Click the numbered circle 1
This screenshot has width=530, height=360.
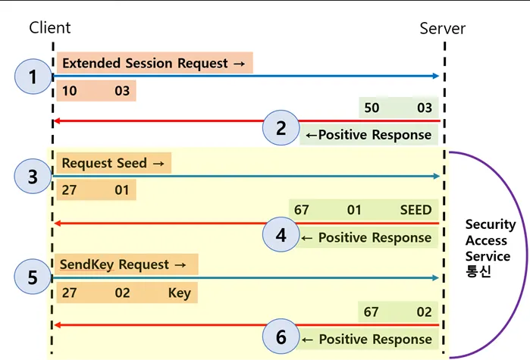[x=33, y=77]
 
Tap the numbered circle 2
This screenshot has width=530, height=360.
[x=281, y=127]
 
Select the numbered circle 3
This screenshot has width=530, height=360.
[x=33, y=177]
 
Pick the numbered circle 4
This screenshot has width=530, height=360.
[x=281, y=235]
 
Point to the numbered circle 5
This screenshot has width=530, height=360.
[x=33, y=277]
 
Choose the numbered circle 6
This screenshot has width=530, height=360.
[x=281, y=337]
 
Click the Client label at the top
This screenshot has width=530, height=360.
[x=50, y=27]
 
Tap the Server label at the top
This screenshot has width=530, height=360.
[x=443, y=29]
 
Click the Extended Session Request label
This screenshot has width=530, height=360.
[x=153, y=64]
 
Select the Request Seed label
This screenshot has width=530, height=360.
[x=111, y=163]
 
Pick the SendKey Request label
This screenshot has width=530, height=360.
[x=124, y=265]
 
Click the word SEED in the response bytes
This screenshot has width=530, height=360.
[x=416, y=210]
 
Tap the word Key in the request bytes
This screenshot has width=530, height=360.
[x=180, y=293]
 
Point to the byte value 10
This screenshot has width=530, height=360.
[x=69, y=92]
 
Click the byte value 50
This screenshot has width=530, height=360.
[x=372, y=108]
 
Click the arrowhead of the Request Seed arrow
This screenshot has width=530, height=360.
[x=436, y=177]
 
